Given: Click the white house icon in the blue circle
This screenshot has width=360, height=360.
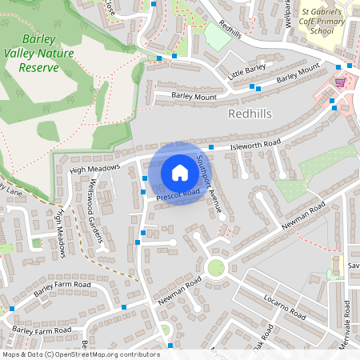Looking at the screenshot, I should [x=179, y=173].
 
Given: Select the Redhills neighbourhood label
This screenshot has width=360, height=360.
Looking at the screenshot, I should [x=250, y=114].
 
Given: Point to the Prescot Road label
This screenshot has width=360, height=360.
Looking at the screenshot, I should [x=178, y=194].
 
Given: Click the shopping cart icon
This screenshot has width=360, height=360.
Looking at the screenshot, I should [x=341, y=81].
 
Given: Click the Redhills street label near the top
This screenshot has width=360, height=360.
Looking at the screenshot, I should [x=229, y=29].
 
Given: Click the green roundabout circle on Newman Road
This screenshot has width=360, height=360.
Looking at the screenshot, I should [x=215, y=267].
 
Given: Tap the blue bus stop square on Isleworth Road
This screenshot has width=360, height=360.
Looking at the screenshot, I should [x=210, y=147].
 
